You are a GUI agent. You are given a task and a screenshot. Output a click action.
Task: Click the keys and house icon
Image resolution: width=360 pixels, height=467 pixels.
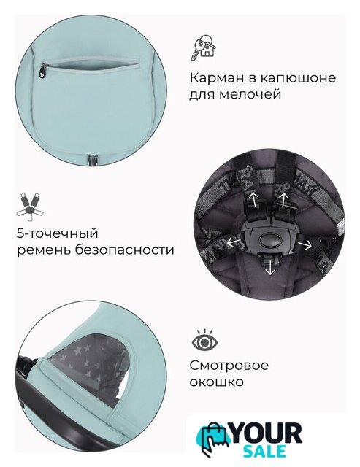(x=204, y=47)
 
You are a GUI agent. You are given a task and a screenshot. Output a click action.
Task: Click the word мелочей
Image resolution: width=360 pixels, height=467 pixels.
(x=250, y=94)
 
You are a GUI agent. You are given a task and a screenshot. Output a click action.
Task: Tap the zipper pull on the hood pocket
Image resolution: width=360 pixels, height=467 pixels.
(x=44, y=69)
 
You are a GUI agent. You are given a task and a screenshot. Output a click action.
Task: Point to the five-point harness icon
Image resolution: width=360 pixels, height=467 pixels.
(x=30, y=206)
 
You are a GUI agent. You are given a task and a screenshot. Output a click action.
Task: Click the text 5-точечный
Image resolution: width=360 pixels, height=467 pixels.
(x=57, y=233)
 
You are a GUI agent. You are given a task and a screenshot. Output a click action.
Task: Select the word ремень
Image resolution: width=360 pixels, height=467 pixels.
(x=43, y=250)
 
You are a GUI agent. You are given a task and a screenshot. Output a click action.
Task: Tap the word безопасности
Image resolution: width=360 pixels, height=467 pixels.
(x=124, y=250)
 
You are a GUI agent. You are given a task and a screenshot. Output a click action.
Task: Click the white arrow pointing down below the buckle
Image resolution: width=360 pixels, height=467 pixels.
(x=270, y=266)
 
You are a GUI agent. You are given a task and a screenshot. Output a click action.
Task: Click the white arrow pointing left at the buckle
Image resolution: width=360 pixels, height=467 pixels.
(x=234, y=242)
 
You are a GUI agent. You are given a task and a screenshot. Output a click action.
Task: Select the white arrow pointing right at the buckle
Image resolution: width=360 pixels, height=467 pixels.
(x=305, y=244)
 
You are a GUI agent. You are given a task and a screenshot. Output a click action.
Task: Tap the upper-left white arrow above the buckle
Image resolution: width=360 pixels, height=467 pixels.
(x=254, y=199)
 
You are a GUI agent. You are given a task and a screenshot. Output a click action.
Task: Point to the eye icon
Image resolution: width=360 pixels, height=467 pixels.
(x=204, y=340)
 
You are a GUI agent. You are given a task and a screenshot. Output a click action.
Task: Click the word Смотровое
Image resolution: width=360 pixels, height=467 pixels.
(x=229, y=365)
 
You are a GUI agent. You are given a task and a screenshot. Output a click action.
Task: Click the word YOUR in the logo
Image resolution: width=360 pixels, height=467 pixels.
(x=266, y=433)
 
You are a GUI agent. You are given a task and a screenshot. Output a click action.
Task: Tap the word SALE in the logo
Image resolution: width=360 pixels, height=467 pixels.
(x=265, y=451)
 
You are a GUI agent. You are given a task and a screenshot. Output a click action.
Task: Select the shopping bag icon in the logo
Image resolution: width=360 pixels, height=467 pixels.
(x=215, y=438)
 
